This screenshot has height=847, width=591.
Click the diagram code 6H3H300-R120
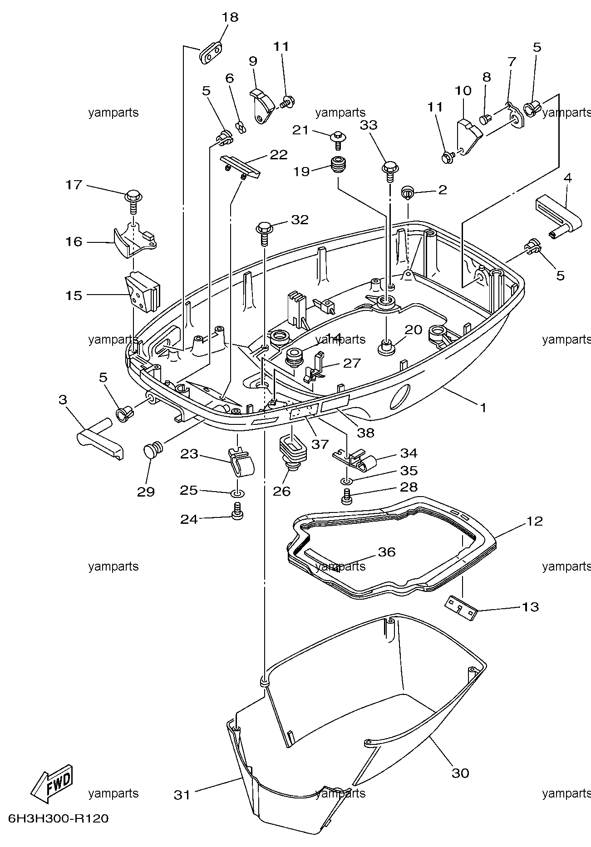tap(59, 819)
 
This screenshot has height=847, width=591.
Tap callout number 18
tap(230, 17)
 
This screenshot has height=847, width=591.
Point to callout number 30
tap(460, 772)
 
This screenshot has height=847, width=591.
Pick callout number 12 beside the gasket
tap(535, 521)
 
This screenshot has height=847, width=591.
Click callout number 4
tap(567, 178)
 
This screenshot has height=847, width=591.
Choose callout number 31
tap(182, 795)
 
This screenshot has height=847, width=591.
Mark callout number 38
tap(366, 433)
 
